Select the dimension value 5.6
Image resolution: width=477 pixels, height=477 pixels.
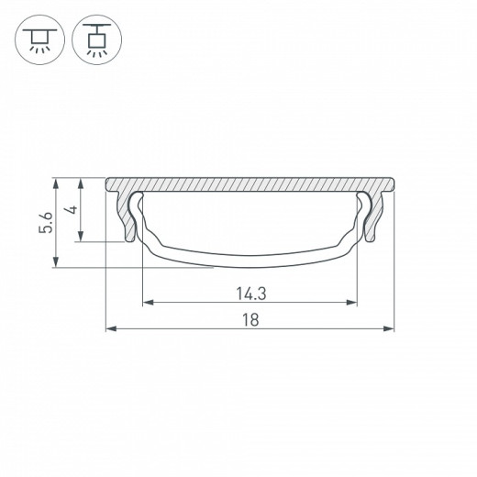44,223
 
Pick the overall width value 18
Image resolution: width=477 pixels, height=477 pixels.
250,319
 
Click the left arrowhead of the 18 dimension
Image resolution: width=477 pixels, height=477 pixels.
110,327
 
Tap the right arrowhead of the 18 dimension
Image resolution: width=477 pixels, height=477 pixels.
390,327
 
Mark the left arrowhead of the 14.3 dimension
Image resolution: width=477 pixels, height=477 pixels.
147,302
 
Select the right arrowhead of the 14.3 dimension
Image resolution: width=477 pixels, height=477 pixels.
353,302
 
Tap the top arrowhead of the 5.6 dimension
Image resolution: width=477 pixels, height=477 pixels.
58,182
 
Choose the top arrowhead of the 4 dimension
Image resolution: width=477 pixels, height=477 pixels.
83,182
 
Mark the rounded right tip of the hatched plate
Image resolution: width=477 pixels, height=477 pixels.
392,184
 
